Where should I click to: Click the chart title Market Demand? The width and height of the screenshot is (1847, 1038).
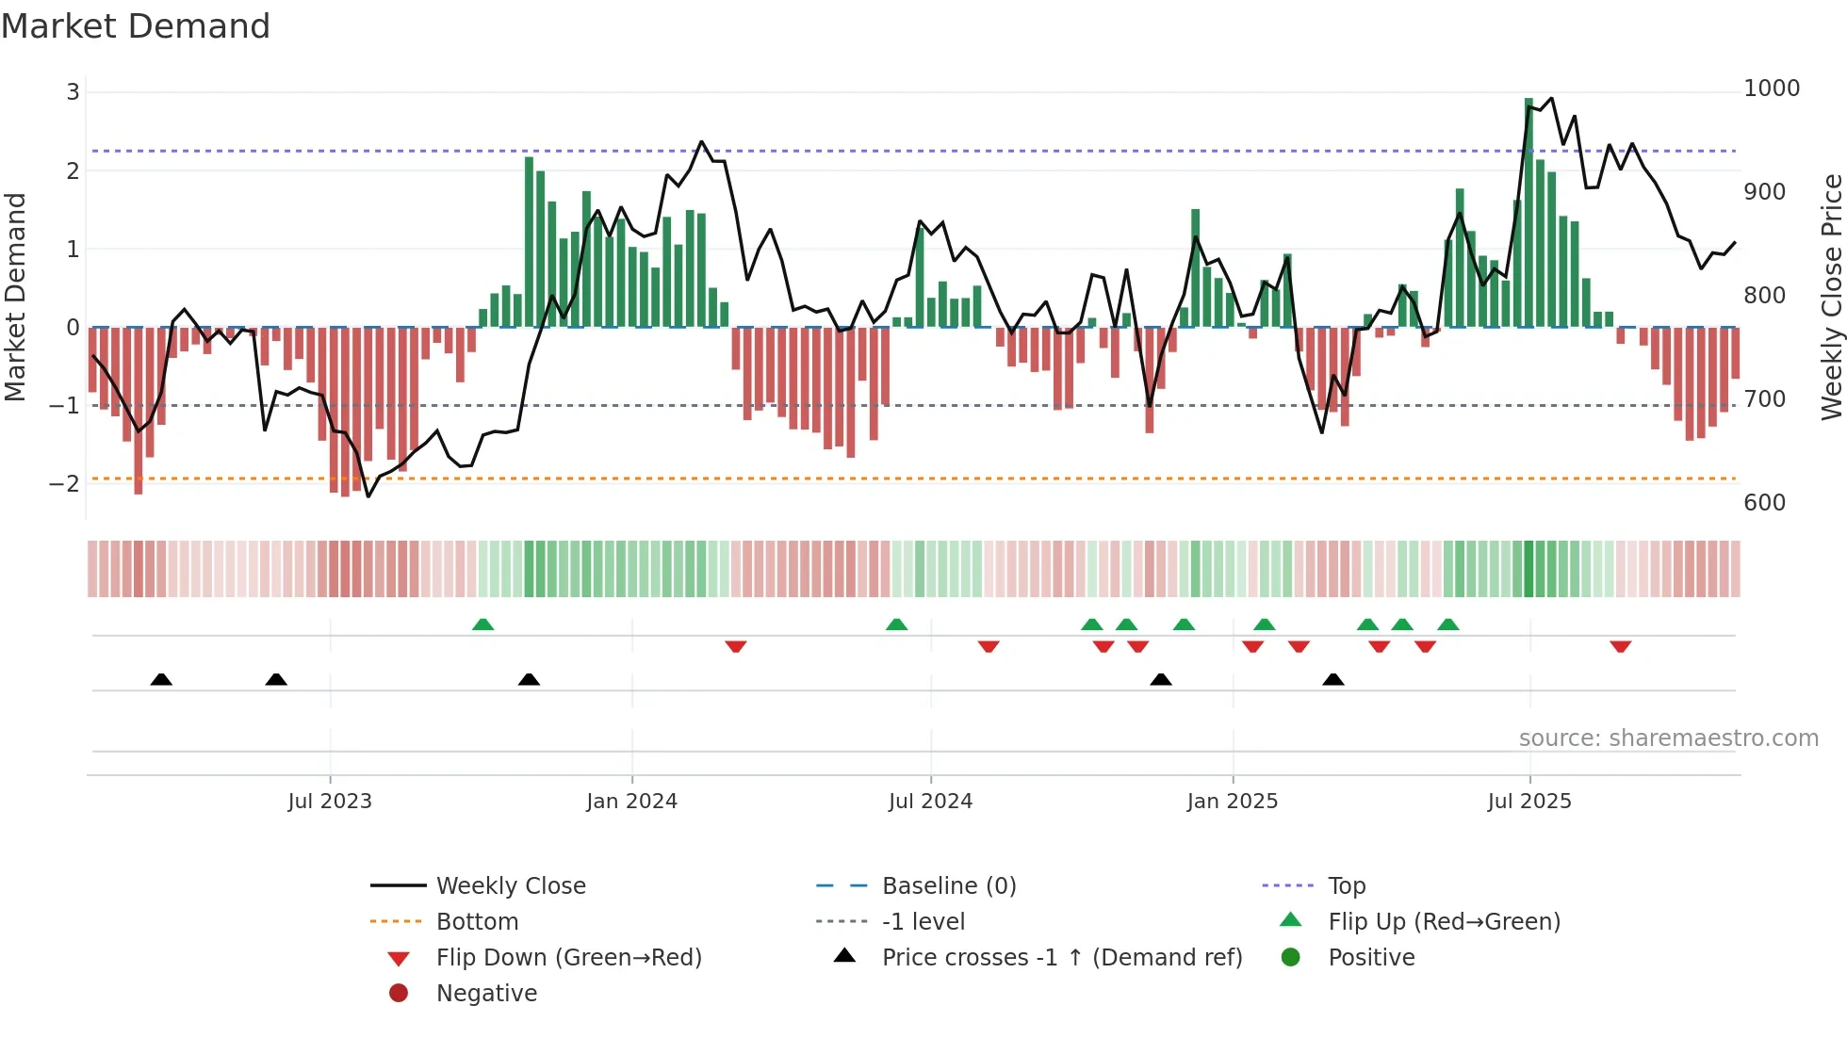click(x=136, y=26)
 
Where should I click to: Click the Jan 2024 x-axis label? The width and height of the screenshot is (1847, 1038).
click(x=631, y=802)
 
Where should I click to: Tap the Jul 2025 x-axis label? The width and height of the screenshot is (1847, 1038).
click(x=1529, y=802)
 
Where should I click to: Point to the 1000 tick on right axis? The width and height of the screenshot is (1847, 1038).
click(x=1772, y=89)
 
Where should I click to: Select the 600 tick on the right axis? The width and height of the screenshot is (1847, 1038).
click(x=1764, y=503)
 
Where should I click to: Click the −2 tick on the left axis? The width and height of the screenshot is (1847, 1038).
click(x=64, y=484)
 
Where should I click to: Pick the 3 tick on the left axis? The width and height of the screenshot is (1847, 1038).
click(x=73, y=92)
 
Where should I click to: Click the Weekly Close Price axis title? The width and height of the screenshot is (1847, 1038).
click(x=1831, y=297)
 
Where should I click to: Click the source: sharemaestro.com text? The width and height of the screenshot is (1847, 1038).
click(x=1668, y=738)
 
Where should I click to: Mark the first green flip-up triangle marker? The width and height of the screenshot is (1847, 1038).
click(x=482, y=624)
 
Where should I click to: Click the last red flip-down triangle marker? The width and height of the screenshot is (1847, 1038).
click(x=1620, y=646)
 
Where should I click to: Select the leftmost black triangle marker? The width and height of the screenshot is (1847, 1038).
click(x=161, y=679)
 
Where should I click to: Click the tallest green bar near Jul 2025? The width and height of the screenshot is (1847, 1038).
click(x=1528, y=212)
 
